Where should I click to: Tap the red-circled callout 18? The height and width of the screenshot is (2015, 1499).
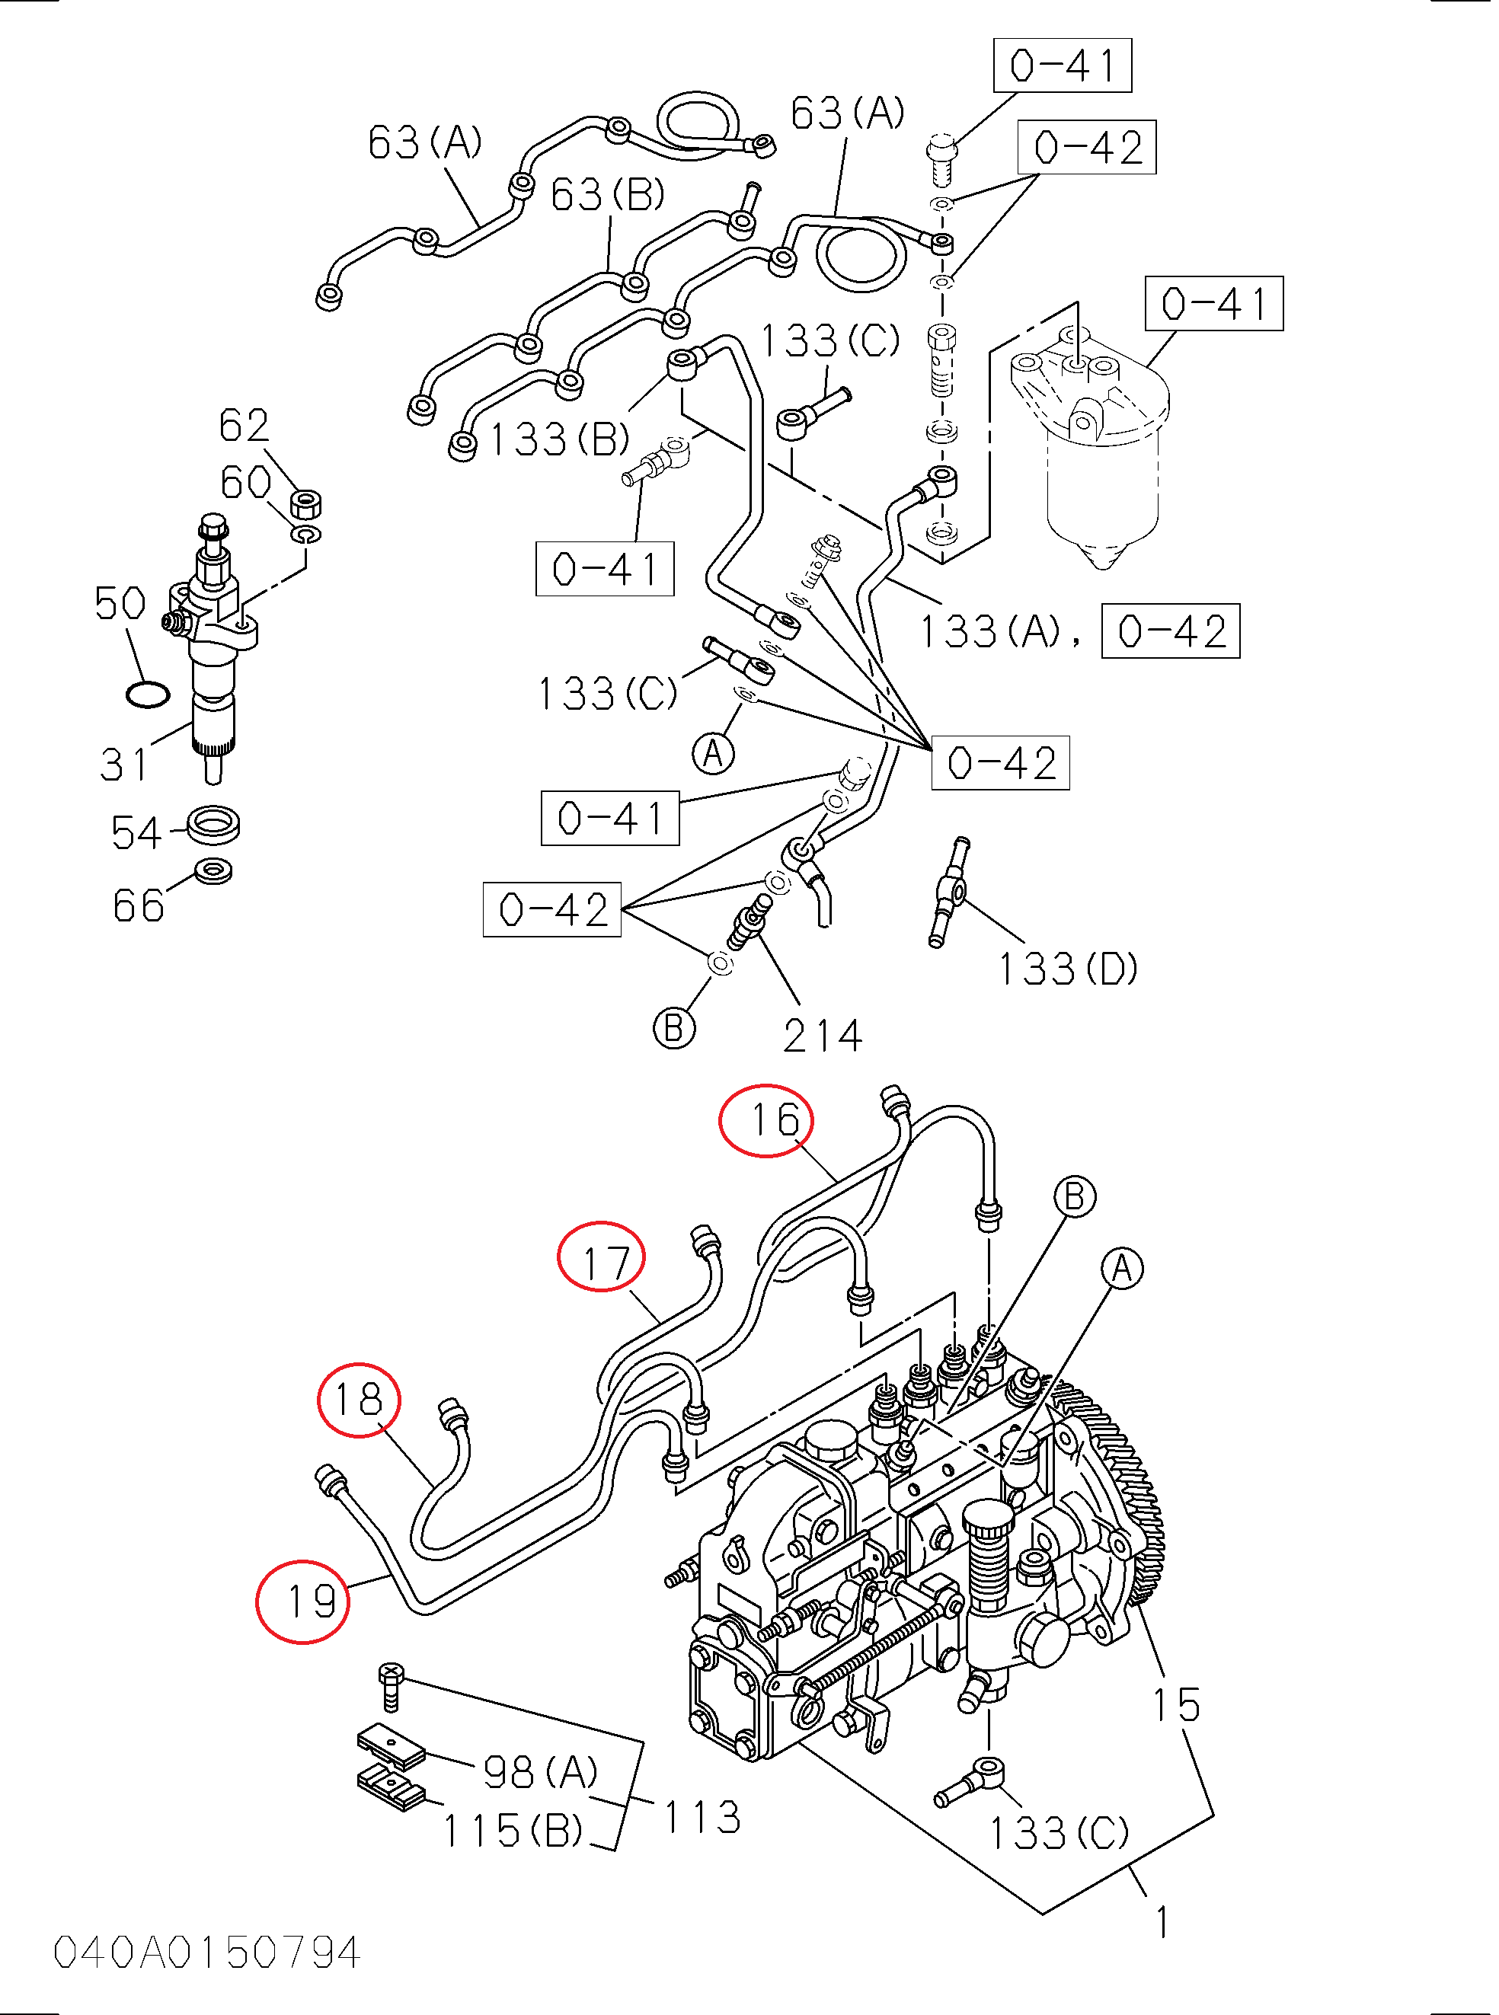tap(359, 1399)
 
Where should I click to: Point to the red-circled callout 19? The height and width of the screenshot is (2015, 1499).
tap(303, 1601)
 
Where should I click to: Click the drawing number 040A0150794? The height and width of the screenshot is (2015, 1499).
tap(207, 1953)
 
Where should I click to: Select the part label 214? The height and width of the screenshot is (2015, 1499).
tap(822, 1036)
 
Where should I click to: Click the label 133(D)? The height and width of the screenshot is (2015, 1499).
tap(1068, 969)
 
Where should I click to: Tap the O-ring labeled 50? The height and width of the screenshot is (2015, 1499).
tap(147, 696)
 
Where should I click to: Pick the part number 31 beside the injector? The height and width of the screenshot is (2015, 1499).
tap(124, 764)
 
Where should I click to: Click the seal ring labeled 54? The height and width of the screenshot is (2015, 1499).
tap(214, 825)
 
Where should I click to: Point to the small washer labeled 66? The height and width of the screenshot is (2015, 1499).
tap(214, 872)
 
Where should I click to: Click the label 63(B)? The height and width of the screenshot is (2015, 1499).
tap(608, 194)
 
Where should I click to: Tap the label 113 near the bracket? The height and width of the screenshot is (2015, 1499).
tap(702, 1817)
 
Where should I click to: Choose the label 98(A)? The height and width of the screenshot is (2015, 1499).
tap(541, 1771)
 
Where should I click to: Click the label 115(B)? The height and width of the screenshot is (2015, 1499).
tap(513, 1830)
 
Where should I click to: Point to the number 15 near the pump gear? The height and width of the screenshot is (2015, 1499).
tap(1177, 1706)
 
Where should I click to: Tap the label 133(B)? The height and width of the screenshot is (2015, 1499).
tap(559, 440)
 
